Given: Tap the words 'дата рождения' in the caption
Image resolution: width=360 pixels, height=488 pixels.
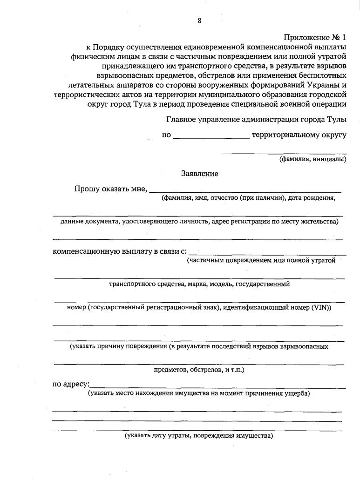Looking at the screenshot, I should (312, 198).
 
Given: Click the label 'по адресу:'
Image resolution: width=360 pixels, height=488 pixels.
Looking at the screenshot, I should (70, 385).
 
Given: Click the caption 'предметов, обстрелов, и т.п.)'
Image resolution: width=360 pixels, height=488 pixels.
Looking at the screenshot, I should (199, 370).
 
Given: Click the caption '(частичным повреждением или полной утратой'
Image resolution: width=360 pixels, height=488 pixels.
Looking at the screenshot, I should (261, 260).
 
